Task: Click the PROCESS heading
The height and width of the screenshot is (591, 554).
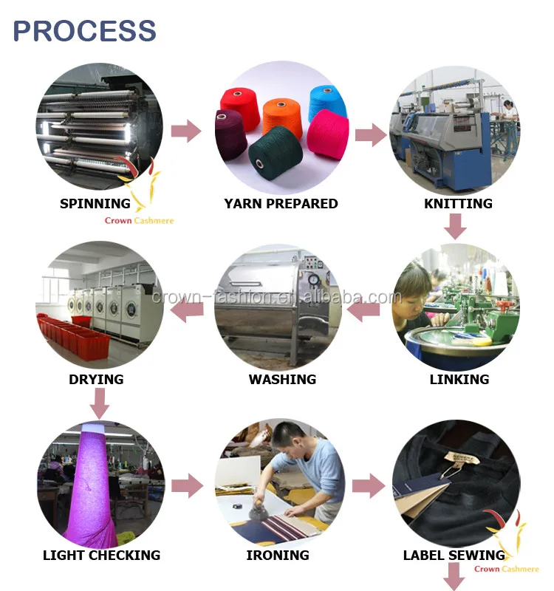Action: tap(84, 31)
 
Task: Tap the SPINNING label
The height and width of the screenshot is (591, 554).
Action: tap(95, 204)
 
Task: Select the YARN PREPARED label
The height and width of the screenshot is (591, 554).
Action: tap(281, 204)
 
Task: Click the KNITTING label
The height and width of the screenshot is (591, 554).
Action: tap(458, 204)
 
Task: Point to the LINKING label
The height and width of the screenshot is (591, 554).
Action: tap(459, 380)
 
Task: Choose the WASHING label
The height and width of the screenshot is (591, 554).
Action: tap(282, 380)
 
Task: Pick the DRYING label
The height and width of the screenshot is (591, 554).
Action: tap(96, 380)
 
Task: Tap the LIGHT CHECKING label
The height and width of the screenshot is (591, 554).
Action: tap(101, 556)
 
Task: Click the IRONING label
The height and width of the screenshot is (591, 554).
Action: tap(278, 556)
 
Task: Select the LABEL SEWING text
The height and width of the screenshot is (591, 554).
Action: tap(454, 556)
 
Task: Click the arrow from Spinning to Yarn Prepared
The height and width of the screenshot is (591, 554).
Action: tap(186, 131)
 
